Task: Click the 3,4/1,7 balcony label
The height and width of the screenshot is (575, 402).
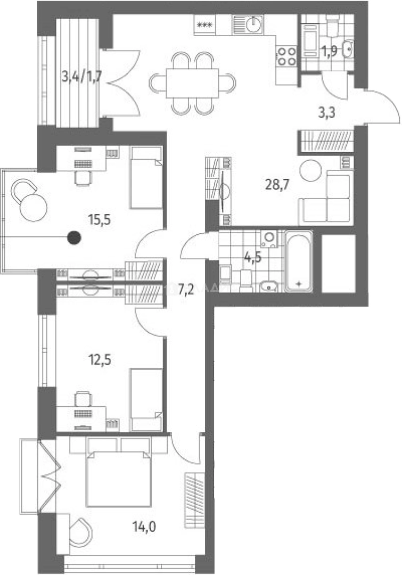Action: [x=81, y=76]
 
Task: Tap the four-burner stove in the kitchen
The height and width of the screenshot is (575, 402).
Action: [x=286, y=56]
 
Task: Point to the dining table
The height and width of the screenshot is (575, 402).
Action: [x=192, y=83]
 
